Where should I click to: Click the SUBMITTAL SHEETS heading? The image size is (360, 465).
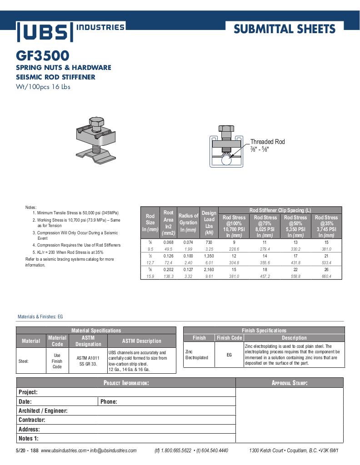pos(285,30)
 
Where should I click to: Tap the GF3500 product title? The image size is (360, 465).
pos(43,56)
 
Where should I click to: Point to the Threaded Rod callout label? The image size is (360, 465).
pos(267,142)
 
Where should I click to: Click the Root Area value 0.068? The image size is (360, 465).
pos(169,242)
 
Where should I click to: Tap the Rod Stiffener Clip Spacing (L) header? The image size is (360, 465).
pos(280,210)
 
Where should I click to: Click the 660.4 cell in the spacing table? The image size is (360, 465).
pos(326,276)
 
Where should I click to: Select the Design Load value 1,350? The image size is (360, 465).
pos(209,256)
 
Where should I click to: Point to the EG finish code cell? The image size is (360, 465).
pos(229,355)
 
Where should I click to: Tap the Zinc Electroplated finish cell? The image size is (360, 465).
pos(196,355)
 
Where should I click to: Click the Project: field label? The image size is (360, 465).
pos(28,392)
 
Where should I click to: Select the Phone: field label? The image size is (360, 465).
pos(109,401)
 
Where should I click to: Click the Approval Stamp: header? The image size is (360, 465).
pos(290,383)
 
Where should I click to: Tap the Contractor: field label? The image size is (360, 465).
pos(32,420)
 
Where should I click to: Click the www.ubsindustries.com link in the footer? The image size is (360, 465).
pos(64,450)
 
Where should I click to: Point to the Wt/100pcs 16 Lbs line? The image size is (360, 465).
pos(43,87)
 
